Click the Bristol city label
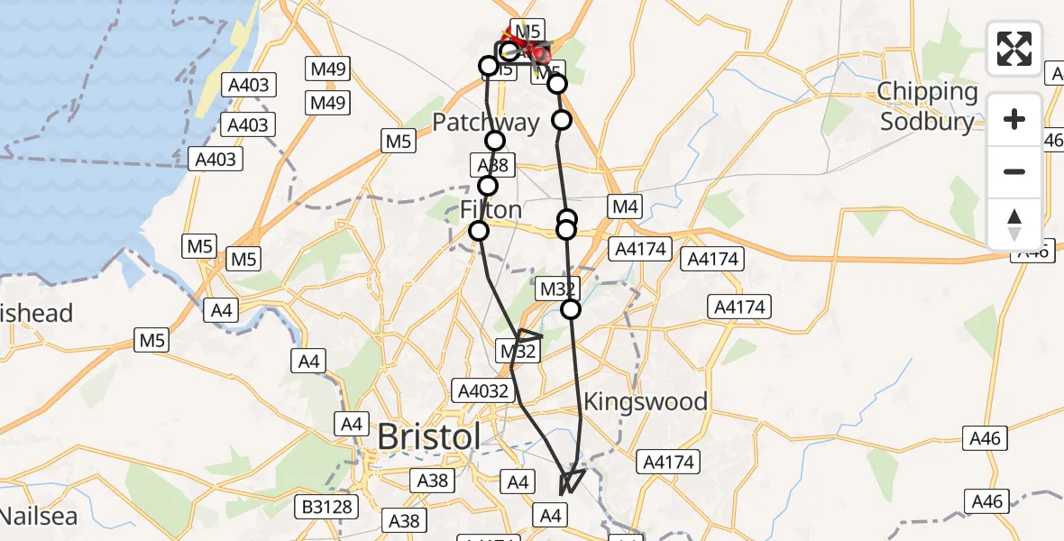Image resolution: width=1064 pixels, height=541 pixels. pos(429,436)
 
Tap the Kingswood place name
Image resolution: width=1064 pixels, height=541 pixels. pos(645,401)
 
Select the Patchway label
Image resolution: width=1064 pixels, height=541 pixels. pos(486,123)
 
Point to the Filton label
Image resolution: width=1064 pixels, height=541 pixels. pos(491,210)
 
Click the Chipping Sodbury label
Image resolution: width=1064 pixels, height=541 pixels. pos(928,106)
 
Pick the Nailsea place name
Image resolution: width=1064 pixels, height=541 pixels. pos(38,517)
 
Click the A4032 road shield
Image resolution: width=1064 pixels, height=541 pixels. pos(484,390)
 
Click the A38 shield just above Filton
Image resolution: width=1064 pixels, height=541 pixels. pos(491,165)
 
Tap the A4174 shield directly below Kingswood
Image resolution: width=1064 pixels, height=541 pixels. pos(667,463)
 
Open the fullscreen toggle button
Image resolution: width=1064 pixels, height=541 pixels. pos(1014,48)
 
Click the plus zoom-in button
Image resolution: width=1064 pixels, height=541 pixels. pos(1014,119)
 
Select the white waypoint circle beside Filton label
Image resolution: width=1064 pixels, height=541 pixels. pos(479,231)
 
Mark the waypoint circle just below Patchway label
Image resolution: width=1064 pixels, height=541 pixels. pos(495,140)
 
